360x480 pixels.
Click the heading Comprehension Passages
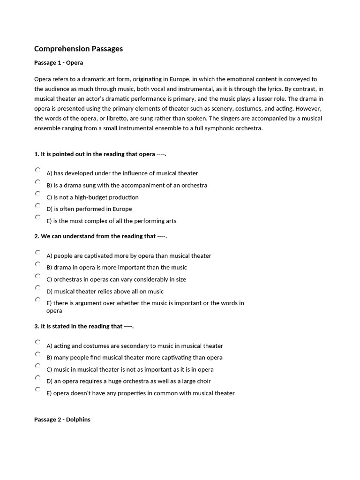tap(78, 49)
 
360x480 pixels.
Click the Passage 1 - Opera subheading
tap(59, 62)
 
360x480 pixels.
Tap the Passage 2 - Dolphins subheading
tap(62, 420)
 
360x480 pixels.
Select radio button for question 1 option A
tap(37, 170)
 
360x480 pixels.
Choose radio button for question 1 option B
tap(37, 182)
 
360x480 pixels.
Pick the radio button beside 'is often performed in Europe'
tap(37, 205)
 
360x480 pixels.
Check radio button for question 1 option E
tap(37, 217)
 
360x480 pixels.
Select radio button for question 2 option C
tap(37, 276)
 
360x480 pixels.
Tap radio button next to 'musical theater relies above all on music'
tap(37, 288)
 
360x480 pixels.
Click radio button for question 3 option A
tap(37, 342)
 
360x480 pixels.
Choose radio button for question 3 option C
tap(37, 366)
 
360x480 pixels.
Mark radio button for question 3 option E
tap(37, 390)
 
